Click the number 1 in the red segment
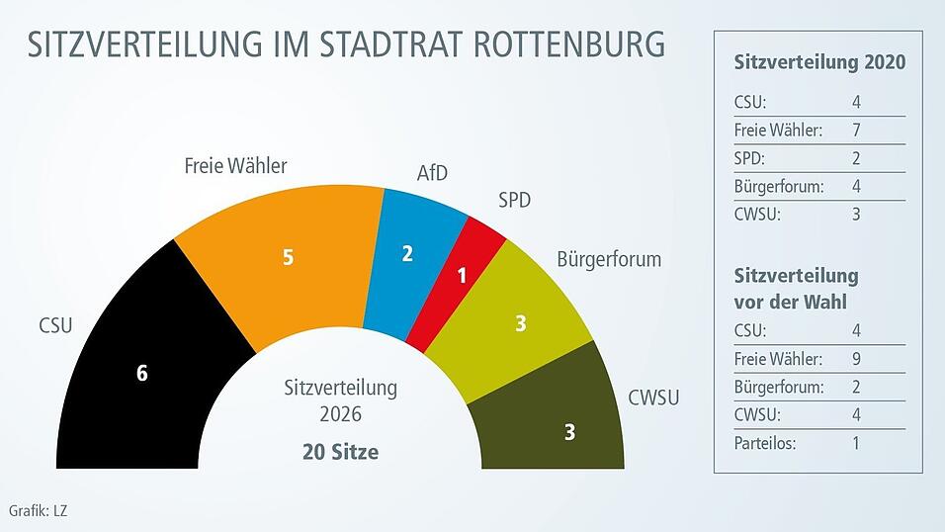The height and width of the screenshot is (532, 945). [462, 276]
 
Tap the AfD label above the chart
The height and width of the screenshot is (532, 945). [432, 174]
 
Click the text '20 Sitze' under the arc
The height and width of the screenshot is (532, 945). [340, 452]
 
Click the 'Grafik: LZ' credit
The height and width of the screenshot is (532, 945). [38, 511]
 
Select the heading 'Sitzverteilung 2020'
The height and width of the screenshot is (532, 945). [819, 63]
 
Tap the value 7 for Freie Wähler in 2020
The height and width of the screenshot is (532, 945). [856, 130]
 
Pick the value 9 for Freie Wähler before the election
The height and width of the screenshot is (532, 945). [856, 358]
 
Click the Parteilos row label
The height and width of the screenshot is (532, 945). [765, 443]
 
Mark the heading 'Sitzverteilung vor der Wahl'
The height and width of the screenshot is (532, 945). [796, 287]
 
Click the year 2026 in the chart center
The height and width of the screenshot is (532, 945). [340, 412]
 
